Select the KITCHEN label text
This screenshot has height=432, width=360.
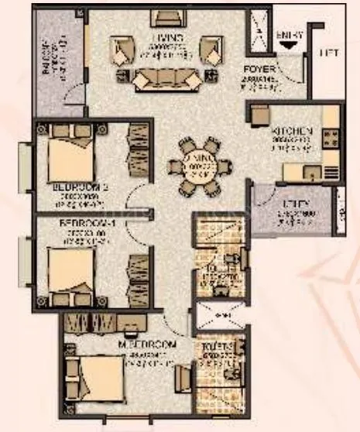click(x=292, y=131)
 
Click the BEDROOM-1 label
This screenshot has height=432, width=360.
click(x=87, y=225)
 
